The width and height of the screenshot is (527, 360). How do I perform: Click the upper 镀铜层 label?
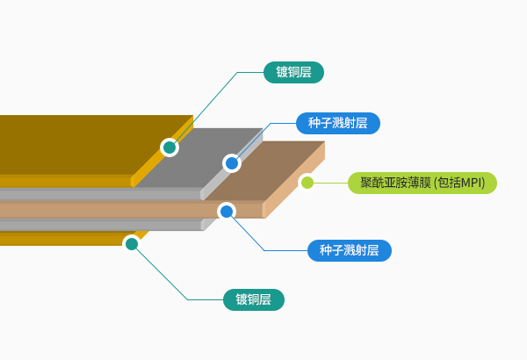[x=293, y=72]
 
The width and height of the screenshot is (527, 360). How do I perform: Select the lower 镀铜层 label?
[x=253, y=299]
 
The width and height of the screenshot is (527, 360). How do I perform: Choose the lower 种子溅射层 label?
[x=349, y=250]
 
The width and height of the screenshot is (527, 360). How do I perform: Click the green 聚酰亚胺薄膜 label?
[x=422, y=183]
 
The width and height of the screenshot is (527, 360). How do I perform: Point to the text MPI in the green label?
[x=472, y=183]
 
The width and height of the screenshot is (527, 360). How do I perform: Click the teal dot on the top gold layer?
[x=170, y=147]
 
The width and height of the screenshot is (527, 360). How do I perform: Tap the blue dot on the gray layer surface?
[x=232, y=162]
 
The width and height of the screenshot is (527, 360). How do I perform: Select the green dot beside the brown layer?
[x=307, y=183]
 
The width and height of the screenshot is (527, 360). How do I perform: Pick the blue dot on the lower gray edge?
[x=226, y=211]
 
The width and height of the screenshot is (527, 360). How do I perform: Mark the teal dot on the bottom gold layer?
[x=132, y=243]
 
